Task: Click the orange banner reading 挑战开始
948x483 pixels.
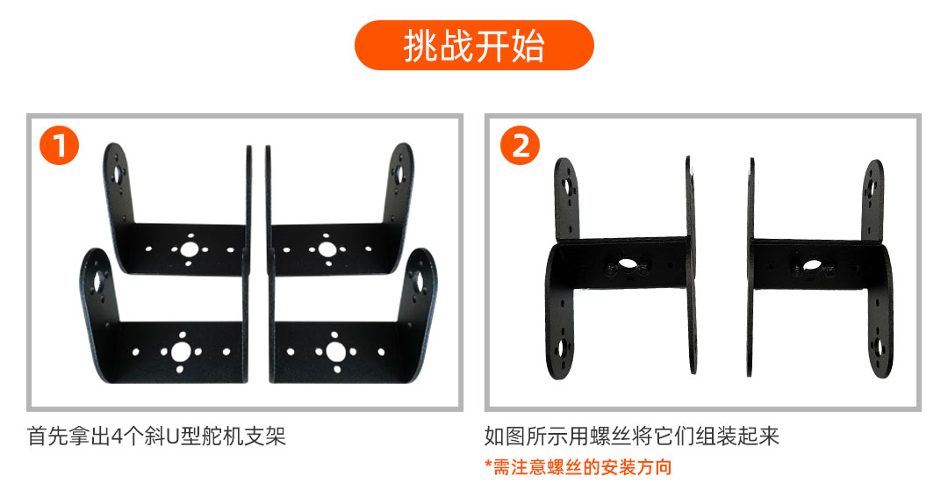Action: tap(474, 46)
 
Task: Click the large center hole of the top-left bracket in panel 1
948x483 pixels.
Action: tap(190, 249)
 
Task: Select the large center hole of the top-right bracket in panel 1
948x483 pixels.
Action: tap(327, 249)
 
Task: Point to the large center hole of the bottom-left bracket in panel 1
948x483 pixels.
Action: tap(181, 351)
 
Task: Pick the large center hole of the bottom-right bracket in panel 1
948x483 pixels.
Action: tap(335, 351)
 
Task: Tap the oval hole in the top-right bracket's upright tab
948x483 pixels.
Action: tap(399, 174)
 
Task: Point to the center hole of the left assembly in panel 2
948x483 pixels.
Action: tap(628, 265)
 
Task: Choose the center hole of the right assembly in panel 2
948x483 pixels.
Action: tap(809, 266)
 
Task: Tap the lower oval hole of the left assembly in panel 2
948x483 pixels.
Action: tap(563, 348)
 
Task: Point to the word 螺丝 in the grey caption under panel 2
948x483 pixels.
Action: tap(611, 436)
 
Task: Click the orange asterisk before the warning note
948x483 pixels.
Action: tap(489, 465)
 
